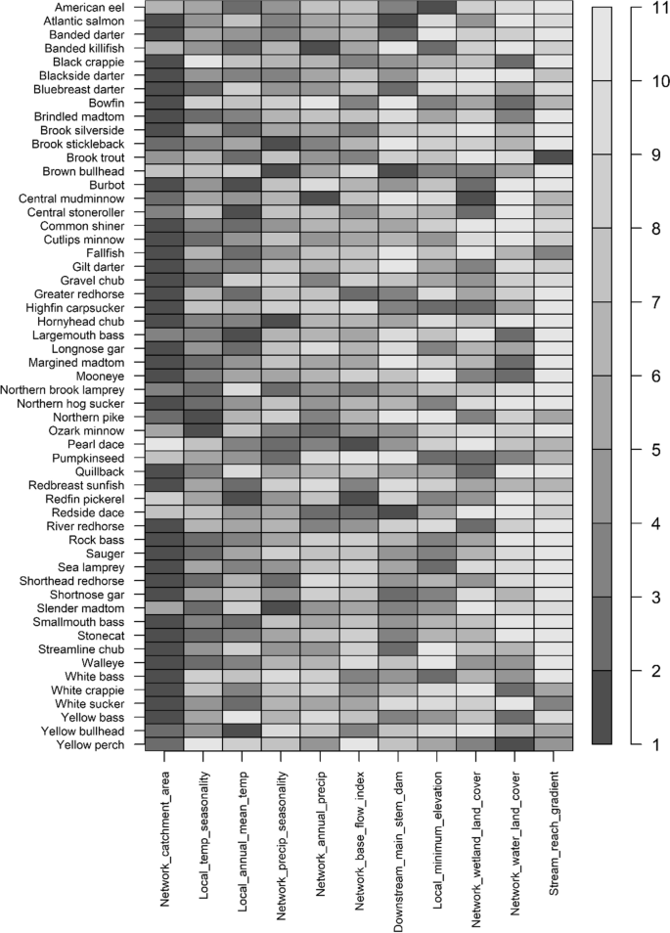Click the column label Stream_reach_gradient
pos(556,839)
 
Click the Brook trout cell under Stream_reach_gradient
pos(555,156)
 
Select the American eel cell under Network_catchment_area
pos(163,8)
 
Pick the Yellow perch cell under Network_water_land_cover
pos(515,744)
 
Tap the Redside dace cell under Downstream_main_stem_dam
pos(398,511)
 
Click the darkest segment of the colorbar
pos(603,707)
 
